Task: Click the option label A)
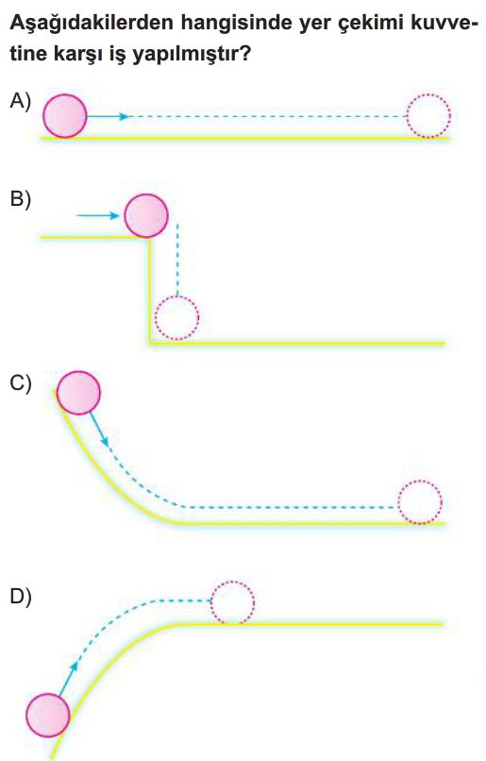20,101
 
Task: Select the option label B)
20,199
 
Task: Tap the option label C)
21,383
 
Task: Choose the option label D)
21,597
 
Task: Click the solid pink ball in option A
65,116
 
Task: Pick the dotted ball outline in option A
428,116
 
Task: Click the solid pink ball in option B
146,215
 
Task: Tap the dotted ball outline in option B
176,318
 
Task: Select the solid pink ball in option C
78,393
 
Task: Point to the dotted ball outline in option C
420,502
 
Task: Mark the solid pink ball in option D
48,716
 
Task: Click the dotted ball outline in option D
232,602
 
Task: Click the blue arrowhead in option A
126,116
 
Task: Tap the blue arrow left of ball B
98,215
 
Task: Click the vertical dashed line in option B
178,260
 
